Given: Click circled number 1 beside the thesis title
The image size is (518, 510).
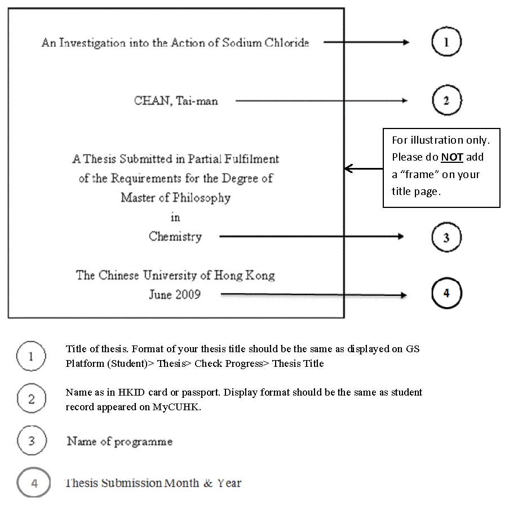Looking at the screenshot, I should (x=446, y=42).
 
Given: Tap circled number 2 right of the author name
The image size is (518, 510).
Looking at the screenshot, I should (x=446, y=101).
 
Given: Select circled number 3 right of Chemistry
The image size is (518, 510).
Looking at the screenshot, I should (x=446, y=237).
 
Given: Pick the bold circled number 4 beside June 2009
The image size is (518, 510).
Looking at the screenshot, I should (x=446, y=294).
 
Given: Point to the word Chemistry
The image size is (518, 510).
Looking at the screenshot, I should (x=175, y=237).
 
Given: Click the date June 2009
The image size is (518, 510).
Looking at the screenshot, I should (x=174, y=295).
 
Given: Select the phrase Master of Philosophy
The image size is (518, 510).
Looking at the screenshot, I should (x=175, y=198).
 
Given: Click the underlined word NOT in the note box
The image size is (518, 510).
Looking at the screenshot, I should (x=452, y=157).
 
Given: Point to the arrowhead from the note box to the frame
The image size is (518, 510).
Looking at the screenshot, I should (x=348, y=168).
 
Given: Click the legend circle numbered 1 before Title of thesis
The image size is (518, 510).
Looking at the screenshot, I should (x=31, y=356).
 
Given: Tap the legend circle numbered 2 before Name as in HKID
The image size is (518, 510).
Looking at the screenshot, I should (x=31, y=400).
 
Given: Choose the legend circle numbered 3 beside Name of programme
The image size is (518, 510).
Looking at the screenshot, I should (x=31, y=441).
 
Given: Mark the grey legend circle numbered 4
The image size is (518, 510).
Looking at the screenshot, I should (x=33, y=484).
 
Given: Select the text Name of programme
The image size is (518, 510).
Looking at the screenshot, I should (x=119, y=441).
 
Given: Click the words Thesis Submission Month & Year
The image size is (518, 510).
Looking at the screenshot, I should (x=153, y=483).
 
